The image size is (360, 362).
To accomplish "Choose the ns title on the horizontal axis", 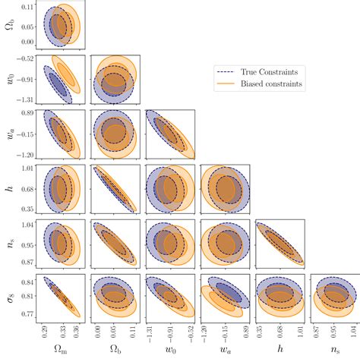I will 334,352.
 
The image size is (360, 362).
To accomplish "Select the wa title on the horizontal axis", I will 226,352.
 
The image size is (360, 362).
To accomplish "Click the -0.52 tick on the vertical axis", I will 29,58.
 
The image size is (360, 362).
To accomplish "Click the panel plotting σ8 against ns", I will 334,296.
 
